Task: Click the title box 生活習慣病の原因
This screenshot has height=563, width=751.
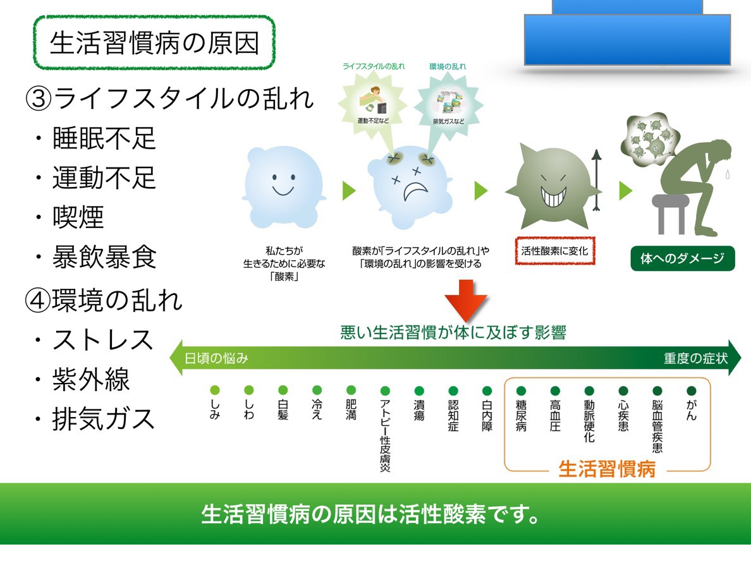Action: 154,43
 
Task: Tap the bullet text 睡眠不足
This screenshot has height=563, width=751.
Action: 104,138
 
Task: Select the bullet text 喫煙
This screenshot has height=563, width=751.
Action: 78,217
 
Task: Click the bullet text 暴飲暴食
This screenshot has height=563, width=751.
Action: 104,257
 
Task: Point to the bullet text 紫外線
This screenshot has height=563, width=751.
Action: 91,380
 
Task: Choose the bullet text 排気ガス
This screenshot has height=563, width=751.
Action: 104,419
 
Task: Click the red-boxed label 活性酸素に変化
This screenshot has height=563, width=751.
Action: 555,251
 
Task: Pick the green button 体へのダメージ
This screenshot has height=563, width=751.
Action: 683,258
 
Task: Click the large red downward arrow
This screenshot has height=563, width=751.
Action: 465,301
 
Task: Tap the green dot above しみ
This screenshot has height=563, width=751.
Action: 214,390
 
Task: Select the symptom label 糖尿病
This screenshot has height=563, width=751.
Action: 522,415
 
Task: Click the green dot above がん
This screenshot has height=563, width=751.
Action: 691,390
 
